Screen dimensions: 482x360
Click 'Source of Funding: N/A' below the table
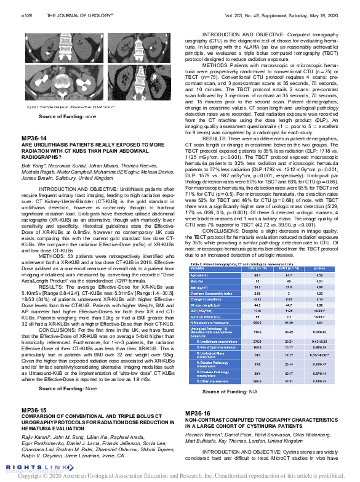click(228, 391)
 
